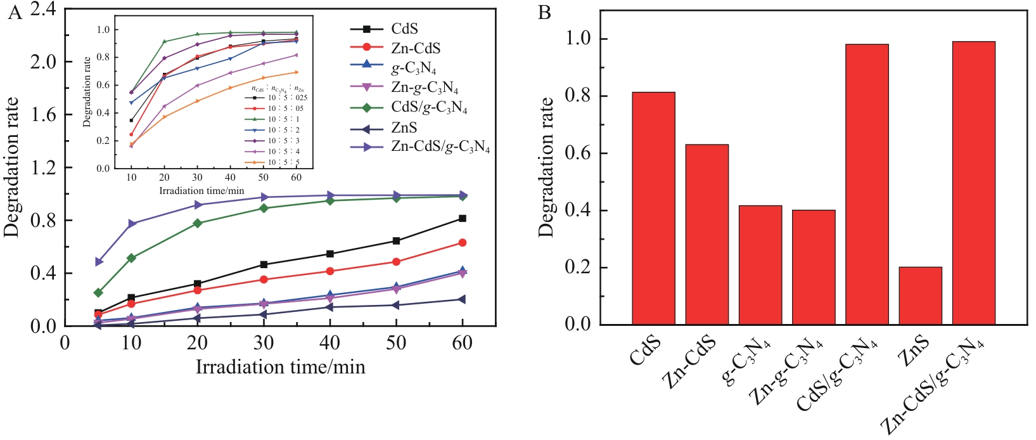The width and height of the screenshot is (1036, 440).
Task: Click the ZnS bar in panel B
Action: coord(920,295)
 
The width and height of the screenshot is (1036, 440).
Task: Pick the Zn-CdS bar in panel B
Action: coord(707,235)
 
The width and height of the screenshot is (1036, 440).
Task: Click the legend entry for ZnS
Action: coord(404,128)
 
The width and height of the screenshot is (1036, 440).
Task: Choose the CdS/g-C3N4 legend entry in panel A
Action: coord(429,108)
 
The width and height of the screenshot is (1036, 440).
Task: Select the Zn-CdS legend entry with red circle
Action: coord(416,48)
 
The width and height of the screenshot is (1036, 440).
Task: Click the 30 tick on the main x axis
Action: coord(264,343)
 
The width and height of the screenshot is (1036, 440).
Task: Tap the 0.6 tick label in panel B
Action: coord(578,153)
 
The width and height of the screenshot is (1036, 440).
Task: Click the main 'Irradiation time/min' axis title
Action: coord(280,367)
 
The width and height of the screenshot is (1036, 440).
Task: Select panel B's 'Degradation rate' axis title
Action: coord(546,167)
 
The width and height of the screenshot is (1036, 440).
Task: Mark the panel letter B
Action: coord(544,12)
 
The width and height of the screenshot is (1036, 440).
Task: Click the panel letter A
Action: coord(14,12)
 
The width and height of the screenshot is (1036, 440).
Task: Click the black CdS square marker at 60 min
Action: coord(463,219)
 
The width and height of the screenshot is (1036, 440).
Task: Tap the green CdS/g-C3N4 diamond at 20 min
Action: coord(198,223)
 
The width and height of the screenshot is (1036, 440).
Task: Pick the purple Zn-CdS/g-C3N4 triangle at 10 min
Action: coord(132,224)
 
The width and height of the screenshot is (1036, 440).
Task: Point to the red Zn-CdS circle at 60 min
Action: coord(463,243)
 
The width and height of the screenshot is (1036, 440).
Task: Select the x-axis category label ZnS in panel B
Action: coord(913,352)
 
